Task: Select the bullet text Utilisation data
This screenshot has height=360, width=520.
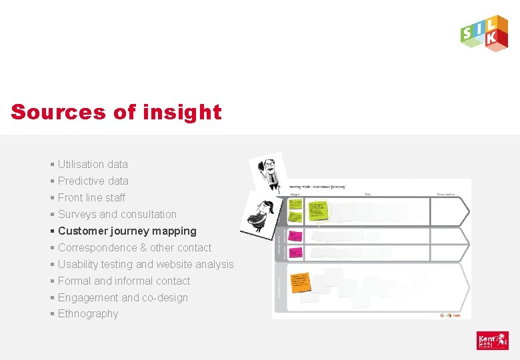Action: pyautogui.click(x=93, y=164)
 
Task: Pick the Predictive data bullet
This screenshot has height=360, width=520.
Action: pyautogui.click(x=93, y=181)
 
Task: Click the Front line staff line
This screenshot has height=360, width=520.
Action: pyautogui.click(x=91, y=197)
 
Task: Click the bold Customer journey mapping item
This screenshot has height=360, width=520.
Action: pyautogui.click(x=127, y=231)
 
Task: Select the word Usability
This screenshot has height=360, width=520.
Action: pyautogui.click(x=79, y=264)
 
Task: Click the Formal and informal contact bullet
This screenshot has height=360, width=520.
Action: pyautogui.click(x=123, y=281)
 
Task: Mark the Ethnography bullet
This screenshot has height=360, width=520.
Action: pyautogui.click(x=87, y=313)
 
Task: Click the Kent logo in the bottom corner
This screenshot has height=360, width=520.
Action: pyautogui.click(x=492, y=341)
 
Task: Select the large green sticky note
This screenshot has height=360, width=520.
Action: pyautogui.click(x=317, y=209)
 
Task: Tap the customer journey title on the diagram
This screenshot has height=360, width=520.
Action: pyautogui.click(x=317, y=187)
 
